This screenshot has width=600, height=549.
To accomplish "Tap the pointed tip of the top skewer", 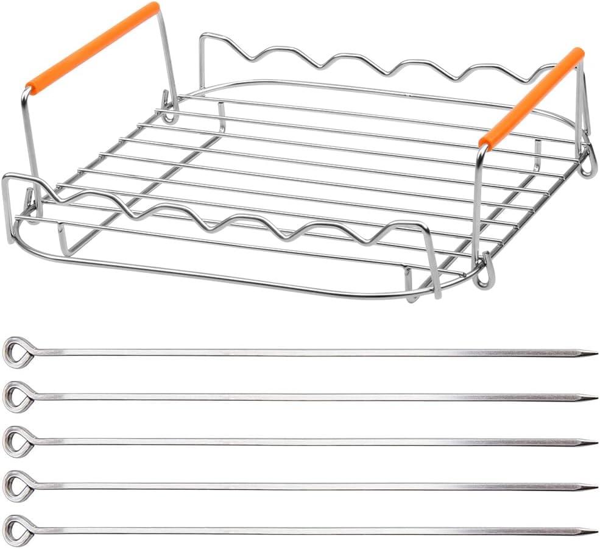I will click(593, 353).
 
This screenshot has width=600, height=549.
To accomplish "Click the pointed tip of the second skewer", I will click(593, 398).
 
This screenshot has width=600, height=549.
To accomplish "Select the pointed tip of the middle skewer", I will click(593, 442).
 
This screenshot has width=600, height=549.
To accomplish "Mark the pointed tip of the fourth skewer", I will click(593, 486).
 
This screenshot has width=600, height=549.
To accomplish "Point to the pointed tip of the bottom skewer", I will click(593, 531).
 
